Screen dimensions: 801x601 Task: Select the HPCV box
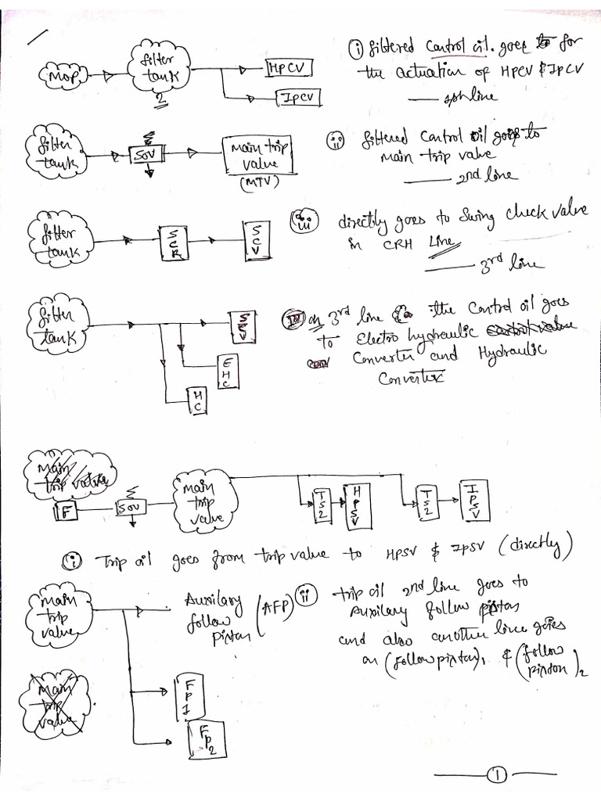point(290,69)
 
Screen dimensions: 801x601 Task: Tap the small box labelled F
point(67,513)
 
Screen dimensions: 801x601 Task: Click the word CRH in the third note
point(398,243)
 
